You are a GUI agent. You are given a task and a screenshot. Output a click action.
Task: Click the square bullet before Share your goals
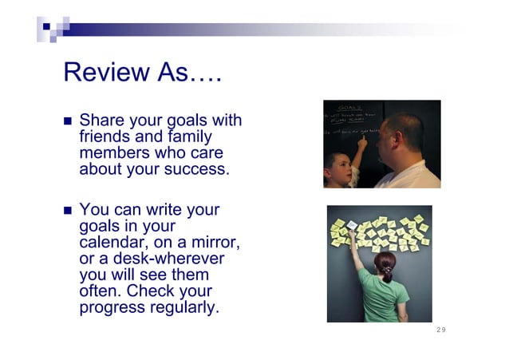pos(68,123)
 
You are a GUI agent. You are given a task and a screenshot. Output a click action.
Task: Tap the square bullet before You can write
pos(68,212)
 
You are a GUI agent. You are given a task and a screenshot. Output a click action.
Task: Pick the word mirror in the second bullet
pos(214,243)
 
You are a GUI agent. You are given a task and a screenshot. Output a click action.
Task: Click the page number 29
pos(441,330)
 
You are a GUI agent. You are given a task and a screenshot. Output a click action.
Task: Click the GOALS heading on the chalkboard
pos(350,106)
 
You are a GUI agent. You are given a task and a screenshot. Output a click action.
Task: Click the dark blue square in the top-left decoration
pos(46,26)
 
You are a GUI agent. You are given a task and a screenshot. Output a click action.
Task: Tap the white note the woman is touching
pos(352,226)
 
